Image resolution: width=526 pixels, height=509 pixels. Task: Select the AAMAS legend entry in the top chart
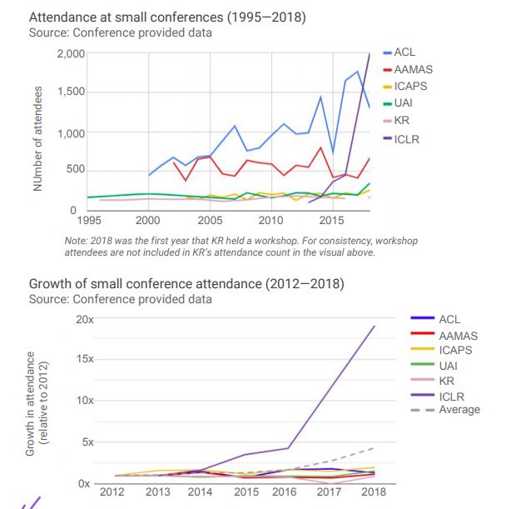[411, 69]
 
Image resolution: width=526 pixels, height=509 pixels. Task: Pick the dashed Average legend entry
[459, 409]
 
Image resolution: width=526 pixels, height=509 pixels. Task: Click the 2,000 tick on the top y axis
[71, 54]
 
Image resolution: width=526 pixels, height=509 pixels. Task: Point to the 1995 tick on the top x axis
[88, 221]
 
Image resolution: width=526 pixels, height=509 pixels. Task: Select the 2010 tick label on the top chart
[270, 221]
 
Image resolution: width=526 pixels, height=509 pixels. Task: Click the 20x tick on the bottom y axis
[84, 320]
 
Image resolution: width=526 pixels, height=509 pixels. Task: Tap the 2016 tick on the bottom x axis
[285, 492]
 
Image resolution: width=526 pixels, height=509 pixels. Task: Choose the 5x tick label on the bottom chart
[87, 442]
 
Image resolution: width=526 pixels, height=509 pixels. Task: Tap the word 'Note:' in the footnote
[77, 241]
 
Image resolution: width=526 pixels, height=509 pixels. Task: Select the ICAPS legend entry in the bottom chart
[454, 350]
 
